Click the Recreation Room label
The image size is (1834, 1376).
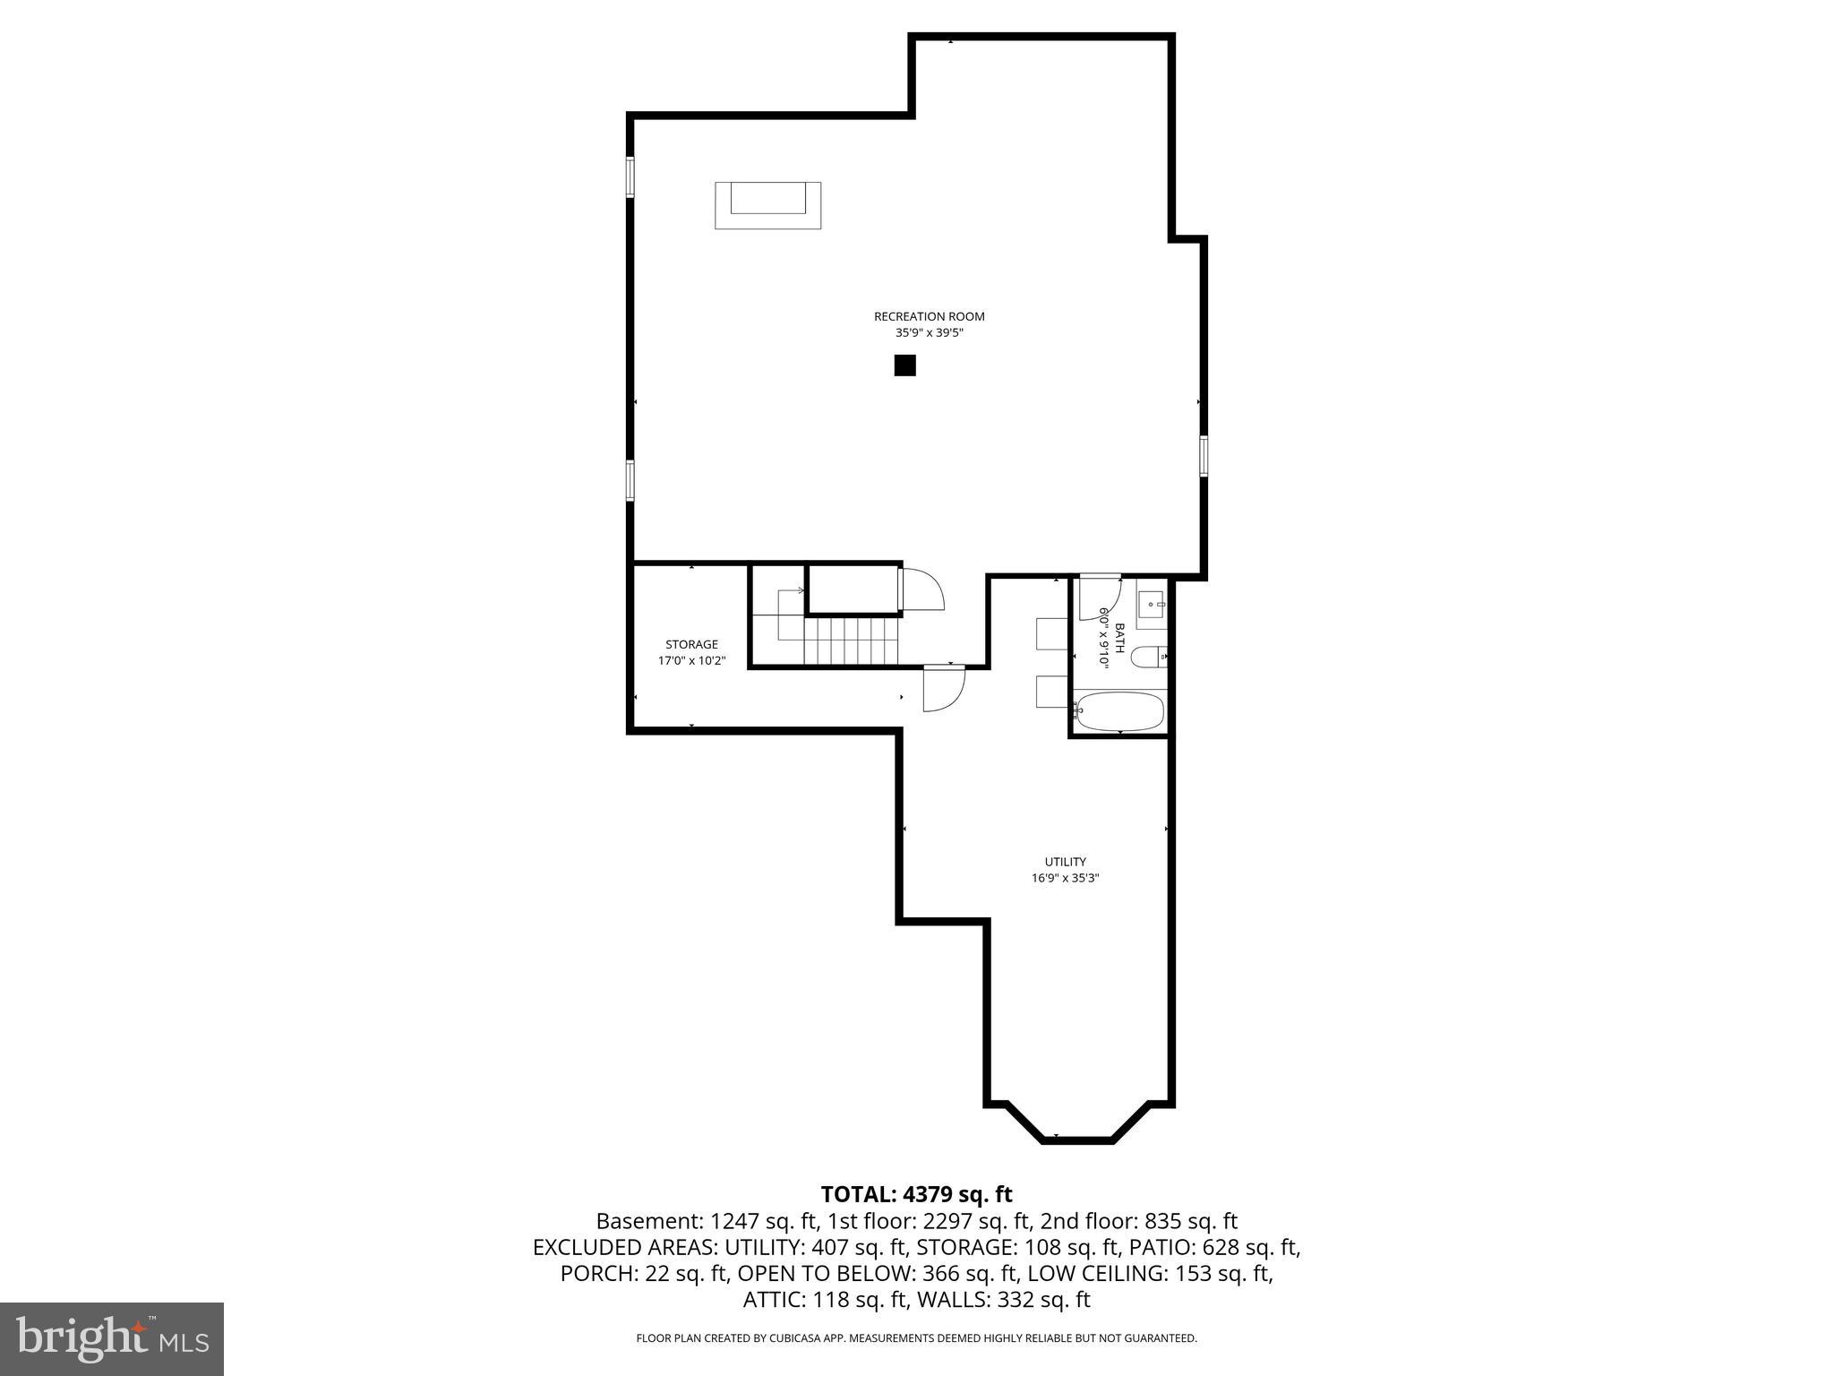[929, 316]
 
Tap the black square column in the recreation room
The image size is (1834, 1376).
[904, 365]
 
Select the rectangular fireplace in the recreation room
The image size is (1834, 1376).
[767, 205]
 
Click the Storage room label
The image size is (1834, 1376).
[691, 644]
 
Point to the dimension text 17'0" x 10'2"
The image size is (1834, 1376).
[691, 661]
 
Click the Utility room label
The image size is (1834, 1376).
[1065, 862]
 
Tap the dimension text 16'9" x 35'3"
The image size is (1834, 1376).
[1065, 879]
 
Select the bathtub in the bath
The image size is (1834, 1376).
[1119, 712]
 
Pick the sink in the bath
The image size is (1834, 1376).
[1151, 605]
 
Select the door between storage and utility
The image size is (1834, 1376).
[943, 689]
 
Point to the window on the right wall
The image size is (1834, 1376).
[1204, 456]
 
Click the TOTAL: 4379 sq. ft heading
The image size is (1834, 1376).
[916, 1194]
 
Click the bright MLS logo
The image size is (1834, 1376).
[112, 1338]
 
